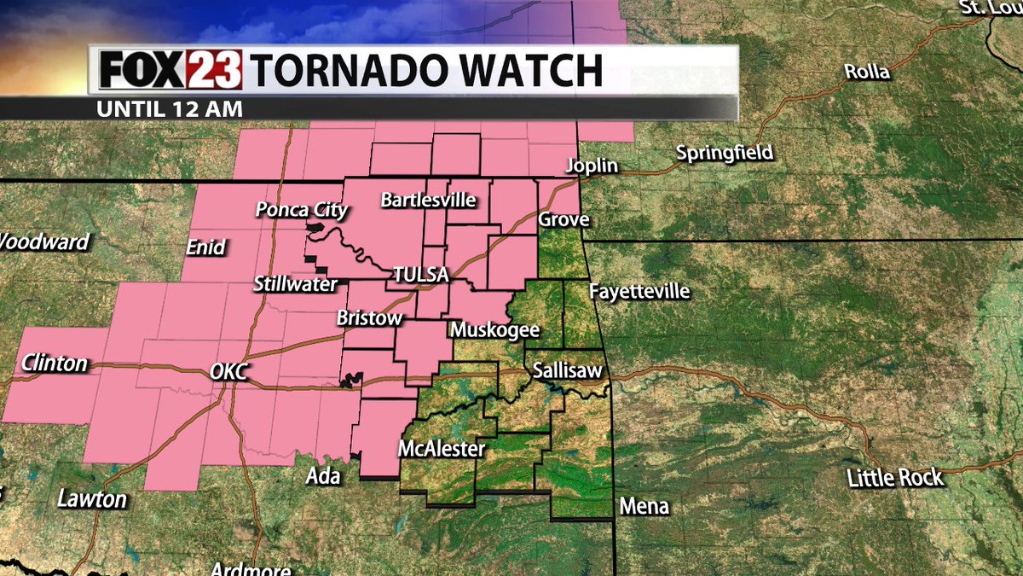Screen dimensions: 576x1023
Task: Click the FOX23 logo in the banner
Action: pyautogui.click(x=170, y=69)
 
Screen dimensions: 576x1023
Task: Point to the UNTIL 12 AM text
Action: pyautogui.click(x=170, y=109)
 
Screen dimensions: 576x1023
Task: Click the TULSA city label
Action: pyautogui.click(x=420, y=276)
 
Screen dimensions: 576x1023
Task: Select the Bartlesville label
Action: pyautogui.click(x=428, y=201)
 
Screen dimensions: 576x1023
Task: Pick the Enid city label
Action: pyautogui.click(x=206, y=247)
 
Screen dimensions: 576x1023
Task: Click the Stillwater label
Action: pyautogui.click(x=295, y=284)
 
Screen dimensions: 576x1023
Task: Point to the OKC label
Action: pyautogui.click(x=228, y=372)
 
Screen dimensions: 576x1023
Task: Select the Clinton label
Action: pyautogui.click(x=55, y=364)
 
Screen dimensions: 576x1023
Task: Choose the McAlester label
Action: pyautogui.click(x=442, y=449)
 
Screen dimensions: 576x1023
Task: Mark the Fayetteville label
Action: pyautogui.click(x=639, y=292)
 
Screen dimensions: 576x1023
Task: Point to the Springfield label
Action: pyautogui.click(x=724, y=154)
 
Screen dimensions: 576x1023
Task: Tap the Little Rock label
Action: pyautogui.click(x=895, y=477)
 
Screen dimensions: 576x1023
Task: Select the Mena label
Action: pyautogui.click(x=644, y=507)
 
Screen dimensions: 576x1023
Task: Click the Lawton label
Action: pyautogui.click(x=91, y=499)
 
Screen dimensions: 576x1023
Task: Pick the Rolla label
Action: pyautogui.click(x=866, y=72)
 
